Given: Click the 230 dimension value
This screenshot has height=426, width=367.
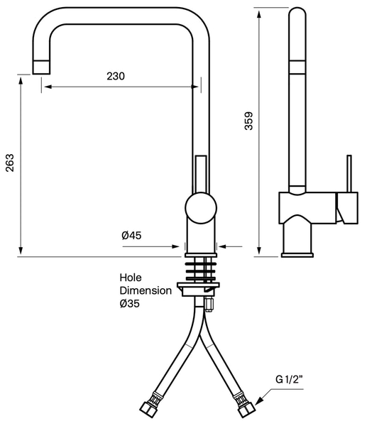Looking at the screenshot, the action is [x=116, y=77].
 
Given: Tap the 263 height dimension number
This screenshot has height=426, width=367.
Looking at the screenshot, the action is [x=10, y=163].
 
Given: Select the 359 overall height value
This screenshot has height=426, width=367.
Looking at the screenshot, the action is [x=249, y=121].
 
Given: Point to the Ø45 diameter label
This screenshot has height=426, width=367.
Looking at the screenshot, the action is [x=131, y=235].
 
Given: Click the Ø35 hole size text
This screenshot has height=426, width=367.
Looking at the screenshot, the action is [x=130, y=303].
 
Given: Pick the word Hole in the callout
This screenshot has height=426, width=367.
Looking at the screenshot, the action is [x=131, y=278].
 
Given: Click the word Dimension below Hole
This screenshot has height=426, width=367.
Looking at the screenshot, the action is [x=146, y=290].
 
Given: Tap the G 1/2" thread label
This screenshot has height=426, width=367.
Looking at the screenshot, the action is [x=290, y=379].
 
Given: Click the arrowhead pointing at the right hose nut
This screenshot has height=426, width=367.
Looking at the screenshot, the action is [x=259, y=401].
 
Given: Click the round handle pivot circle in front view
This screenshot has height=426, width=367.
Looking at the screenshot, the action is [x=201, y=208].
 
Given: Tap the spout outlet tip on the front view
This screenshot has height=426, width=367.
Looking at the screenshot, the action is [x=41, y=67].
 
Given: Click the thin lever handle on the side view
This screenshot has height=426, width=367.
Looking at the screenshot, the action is [x=349, y=174].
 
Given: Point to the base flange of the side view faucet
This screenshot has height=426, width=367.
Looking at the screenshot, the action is [x=297, y=255].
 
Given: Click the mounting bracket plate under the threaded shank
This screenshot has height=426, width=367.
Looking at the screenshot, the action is [x=198, y=289].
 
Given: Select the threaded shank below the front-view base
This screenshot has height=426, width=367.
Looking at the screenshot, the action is [x=201, y=271].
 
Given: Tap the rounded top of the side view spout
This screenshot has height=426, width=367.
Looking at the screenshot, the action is [x=297, y=12].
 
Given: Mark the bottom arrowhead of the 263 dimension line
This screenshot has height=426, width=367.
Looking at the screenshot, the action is [x=21, y=251].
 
